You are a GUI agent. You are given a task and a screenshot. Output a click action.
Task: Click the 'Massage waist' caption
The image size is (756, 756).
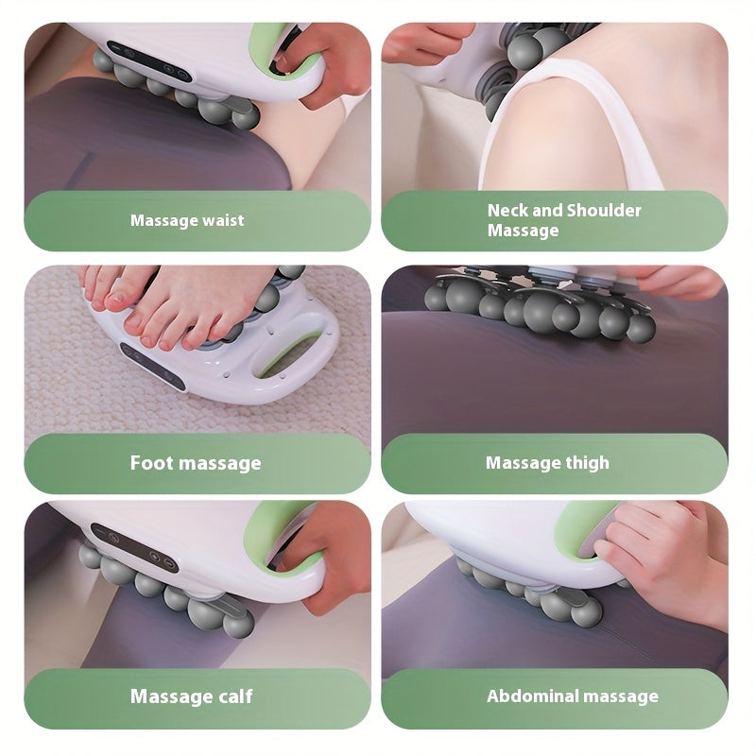pyautogui.click(x=187, y=221)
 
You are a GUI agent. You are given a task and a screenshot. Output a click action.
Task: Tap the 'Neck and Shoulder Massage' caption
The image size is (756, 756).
pyautogui.click(x=564, y=220)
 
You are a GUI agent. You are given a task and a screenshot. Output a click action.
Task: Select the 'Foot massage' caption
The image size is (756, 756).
pyautogui.click(x=196, y=463)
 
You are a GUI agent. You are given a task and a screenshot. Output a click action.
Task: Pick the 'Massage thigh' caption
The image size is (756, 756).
pyautogui.click(x=547, y=463)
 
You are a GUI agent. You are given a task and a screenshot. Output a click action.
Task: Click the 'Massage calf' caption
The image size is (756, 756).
pyautogui.click(x=192, y=696)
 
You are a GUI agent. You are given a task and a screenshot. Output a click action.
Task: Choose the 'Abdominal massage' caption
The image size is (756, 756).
pyautogui.click(x=572, y=696)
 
